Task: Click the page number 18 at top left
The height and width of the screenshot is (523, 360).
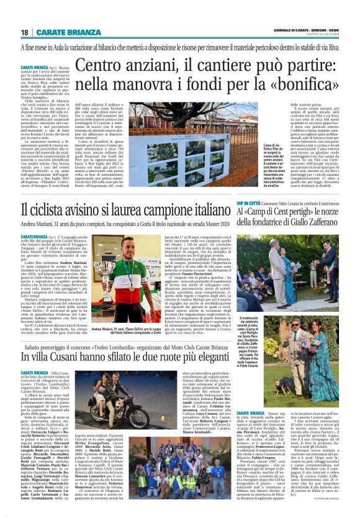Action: tap(24, 32)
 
